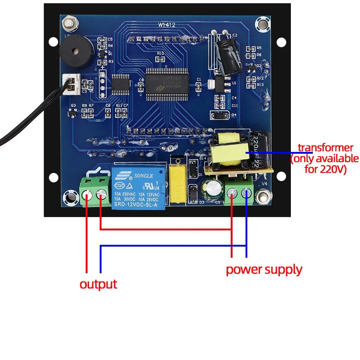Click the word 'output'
98,284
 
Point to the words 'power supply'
264,269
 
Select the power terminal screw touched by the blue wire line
247,193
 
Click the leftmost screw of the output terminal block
87,195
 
